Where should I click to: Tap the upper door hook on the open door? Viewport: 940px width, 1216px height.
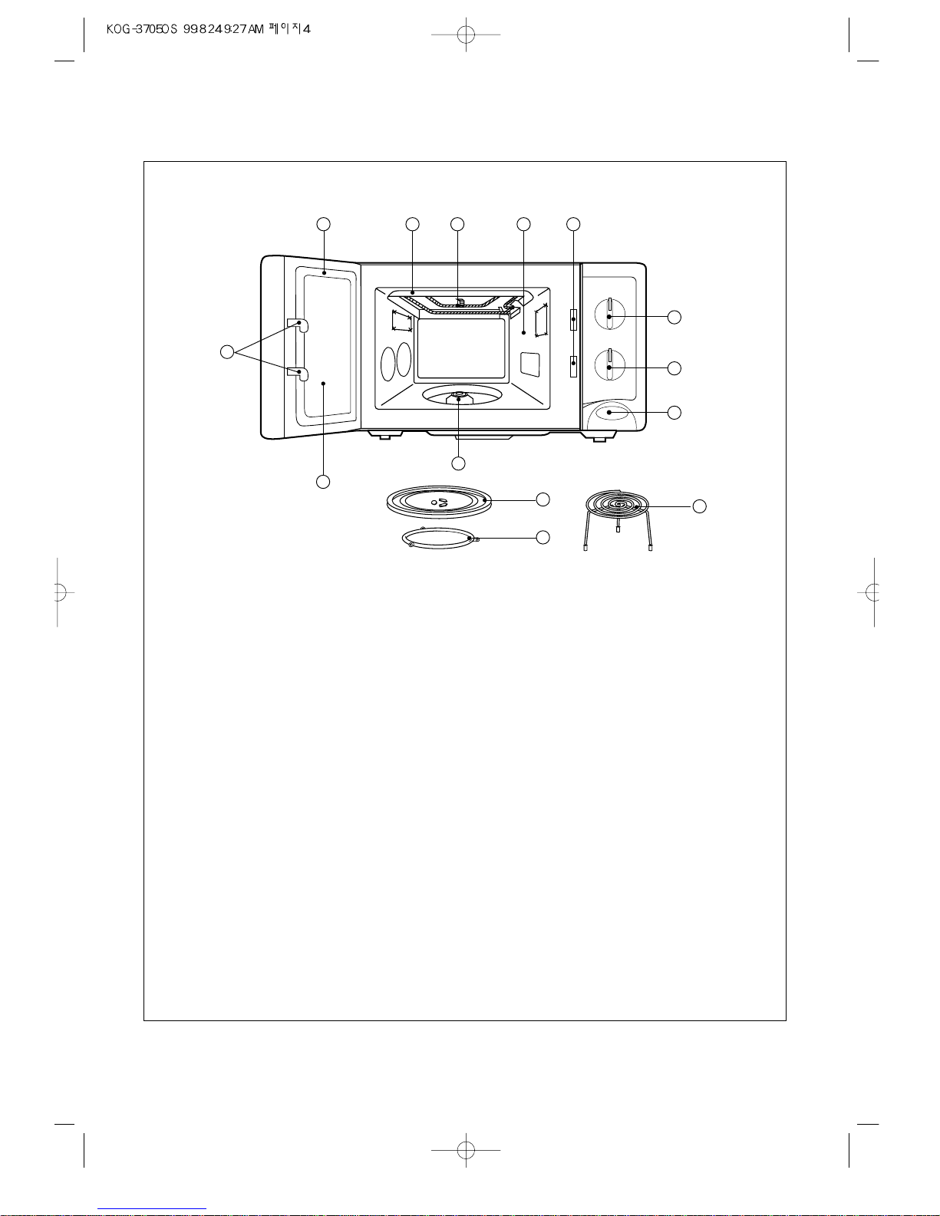[x=297, y=325]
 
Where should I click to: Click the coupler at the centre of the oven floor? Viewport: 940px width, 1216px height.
[x=458, y=397]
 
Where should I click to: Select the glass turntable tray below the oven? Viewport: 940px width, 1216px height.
[x=439, y=502]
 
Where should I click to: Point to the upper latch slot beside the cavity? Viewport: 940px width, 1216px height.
[x=573, y=319]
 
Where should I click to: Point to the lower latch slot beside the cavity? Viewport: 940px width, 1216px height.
[x=573, y=366]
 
